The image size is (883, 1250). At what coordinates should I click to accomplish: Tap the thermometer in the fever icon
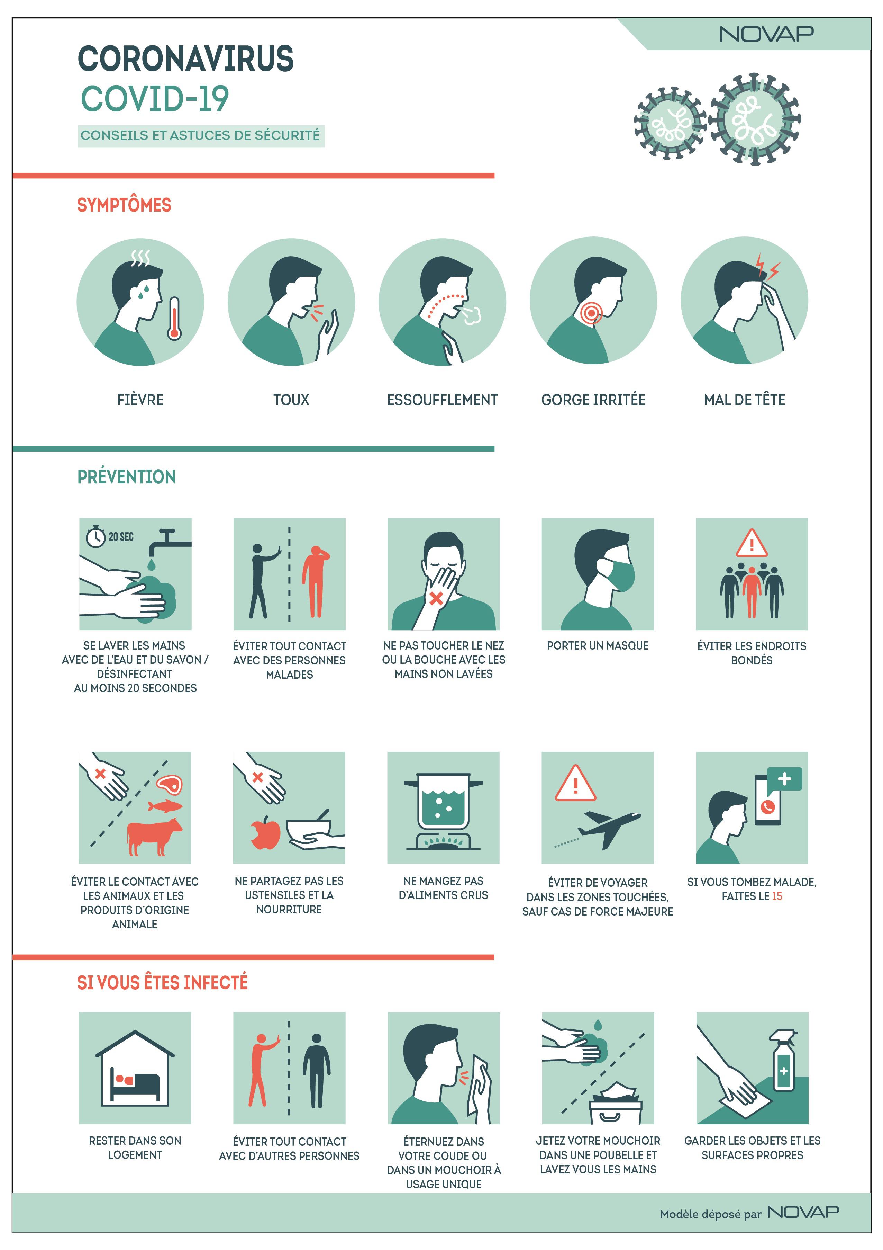[x=174, y=319]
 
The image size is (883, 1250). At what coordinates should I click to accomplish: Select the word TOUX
[x=291, y=400]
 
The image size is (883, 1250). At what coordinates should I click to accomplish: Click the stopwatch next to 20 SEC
[x=96, y=536]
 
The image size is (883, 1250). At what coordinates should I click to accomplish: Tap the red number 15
[x=776, y=896]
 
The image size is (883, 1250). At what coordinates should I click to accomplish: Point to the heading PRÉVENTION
[x=126, y=476]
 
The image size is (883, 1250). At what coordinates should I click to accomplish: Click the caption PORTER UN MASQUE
[x=597, y=646]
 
